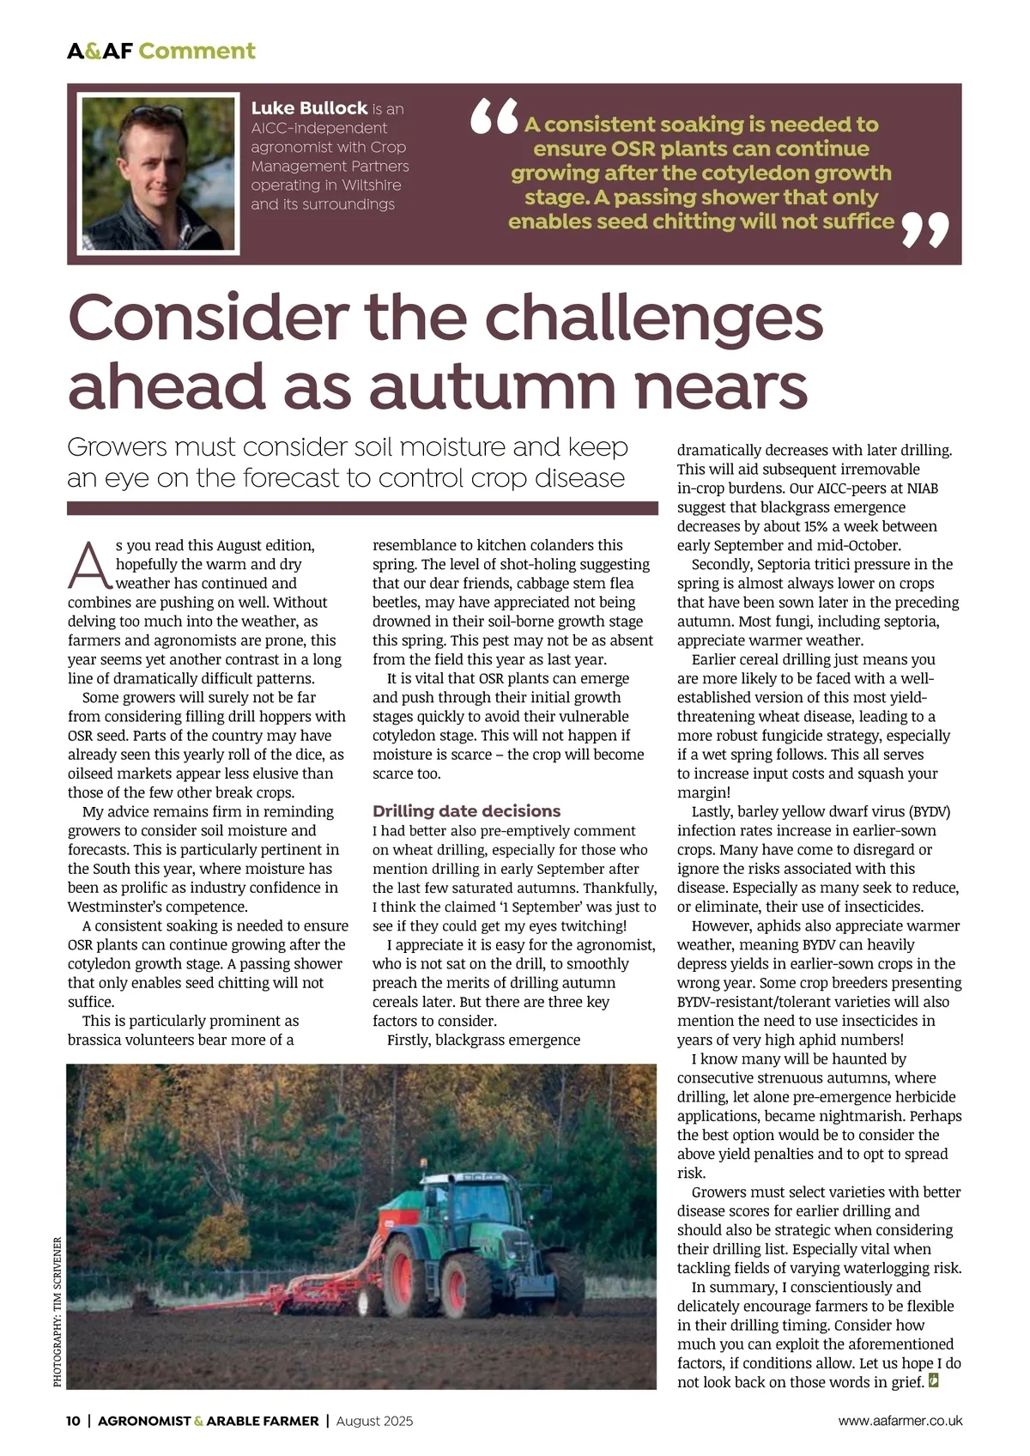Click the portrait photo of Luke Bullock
click(158, 174)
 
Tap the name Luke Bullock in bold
click(309, 108)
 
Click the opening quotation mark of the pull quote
click(494, 118)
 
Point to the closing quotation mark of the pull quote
click(926, 231)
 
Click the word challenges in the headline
click(653, 318)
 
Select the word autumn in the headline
click(493, 386)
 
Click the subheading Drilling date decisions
click(466, 811)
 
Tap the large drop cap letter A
click(88, 566)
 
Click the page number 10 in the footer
click(73, 1421)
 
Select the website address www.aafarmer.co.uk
click(900, 1421)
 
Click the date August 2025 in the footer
click(374, 1421)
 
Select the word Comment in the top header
click(197, 52)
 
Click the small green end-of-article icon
click(935, 1381)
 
